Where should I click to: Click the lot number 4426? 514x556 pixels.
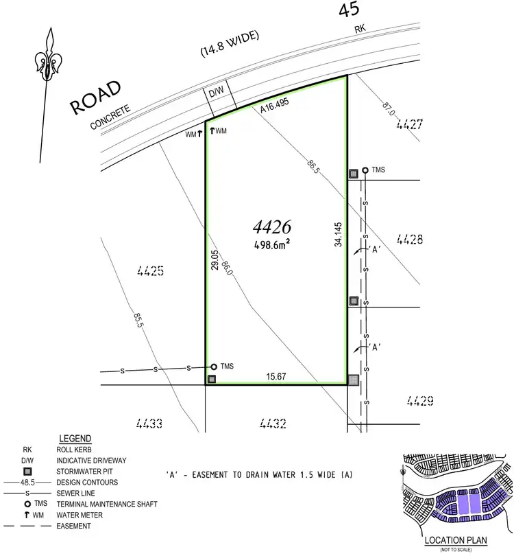tap(272, 226)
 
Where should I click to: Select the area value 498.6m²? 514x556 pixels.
tap(272, 244)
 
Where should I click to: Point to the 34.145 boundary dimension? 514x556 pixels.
tap(339, 234)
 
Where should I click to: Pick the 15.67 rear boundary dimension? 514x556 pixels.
tap(277, 375)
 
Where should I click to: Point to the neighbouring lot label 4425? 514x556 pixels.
tap(151, 271)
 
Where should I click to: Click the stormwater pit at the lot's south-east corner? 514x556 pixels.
tap(352, 380)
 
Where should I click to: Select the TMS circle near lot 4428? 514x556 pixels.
tap(365, 170)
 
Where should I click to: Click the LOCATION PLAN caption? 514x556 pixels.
tap(454, 540)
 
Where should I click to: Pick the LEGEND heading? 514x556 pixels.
tap(75, 438)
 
